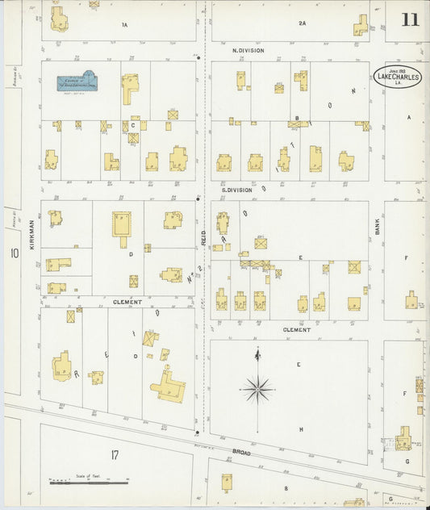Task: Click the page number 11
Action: [410, 20]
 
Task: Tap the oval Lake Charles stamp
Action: [398, 77]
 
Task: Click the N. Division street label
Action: [248, 50]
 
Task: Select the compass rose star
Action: [257, 390]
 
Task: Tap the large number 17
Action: [114, 456]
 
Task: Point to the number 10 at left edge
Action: [14, 253]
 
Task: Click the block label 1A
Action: [124, 25]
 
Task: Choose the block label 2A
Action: [302, 23]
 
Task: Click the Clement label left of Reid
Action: [127, 302]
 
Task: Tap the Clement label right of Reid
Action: [296, 329]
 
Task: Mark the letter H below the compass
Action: [301, 429]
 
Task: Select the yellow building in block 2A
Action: [360, 26]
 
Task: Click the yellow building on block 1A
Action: [59, 19]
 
